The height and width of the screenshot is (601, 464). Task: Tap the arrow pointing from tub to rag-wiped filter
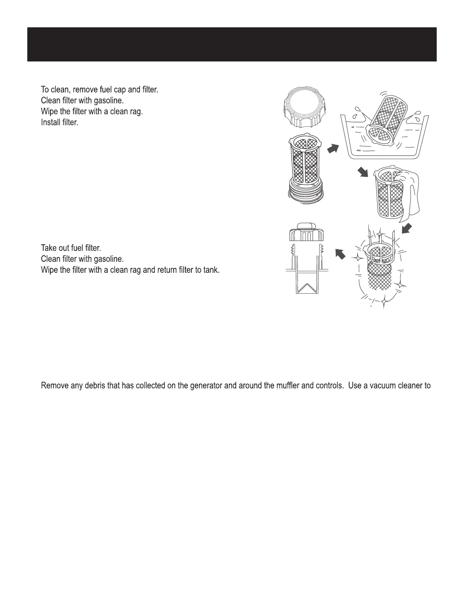pos(363,173)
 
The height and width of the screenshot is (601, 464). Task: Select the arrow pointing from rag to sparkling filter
pos(407,228)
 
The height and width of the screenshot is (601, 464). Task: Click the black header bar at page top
pos(232,44)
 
